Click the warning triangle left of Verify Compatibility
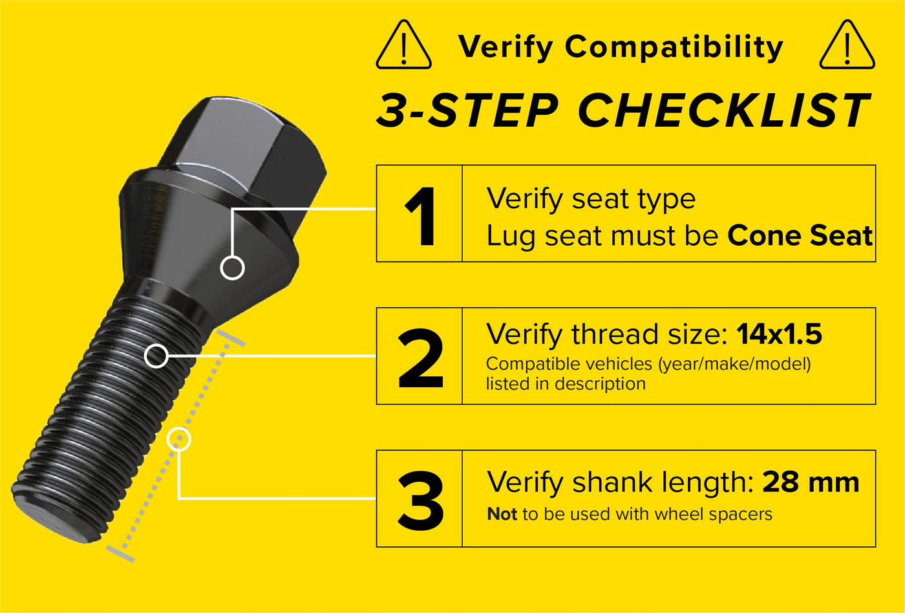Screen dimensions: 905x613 click(403, 45)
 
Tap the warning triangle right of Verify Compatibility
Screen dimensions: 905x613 click(847, 45)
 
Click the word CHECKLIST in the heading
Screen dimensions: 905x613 click(723, 110)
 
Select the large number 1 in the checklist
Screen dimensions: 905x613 click(421, 216)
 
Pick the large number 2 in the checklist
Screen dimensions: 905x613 click(421, 358)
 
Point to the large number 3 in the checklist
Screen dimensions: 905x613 click(421, 500)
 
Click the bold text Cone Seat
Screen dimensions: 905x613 click(800, 235)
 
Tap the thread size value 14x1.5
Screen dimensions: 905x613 click(780, 334)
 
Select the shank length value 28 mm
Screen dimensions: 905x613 click(811, 482)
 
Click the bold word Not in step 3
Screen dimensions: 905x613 click(502, 514)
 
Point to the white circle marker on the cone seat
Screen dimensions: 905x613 click(232, 268)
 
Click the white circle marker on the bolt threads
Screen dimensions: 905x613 click(156, 356)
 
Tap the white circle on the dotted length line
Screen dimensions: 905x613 click(178, 439)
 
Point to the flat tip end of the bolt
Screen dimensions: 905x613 click(57, 521)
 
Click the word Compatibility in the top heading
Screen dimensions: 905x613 click(674, 47)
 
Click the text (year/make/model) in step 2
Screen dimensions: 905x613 click(734, 364)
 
